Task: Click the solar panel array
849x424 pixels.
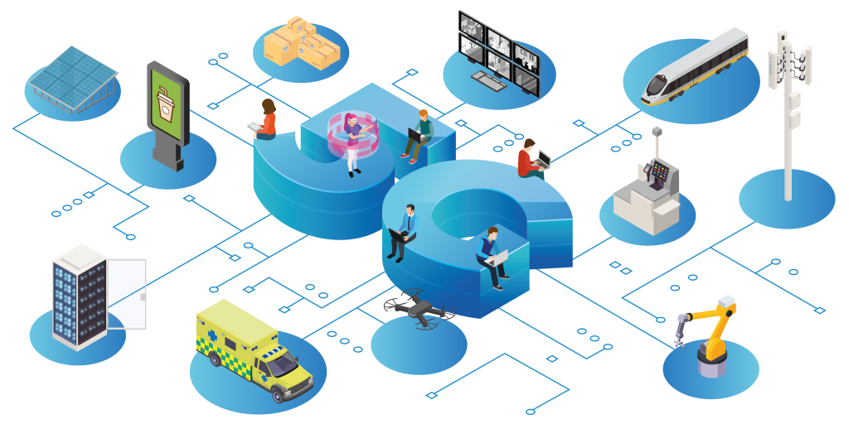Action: [73, 79]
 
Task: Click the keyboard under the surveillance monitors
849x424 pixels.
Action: [488, 82]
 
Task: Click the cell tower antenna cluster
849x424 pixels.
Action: [789, 65]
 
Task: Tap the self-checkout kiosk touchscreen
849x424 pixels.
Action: [661, 172]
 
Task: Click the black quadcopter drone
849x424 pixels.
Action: [419, 309]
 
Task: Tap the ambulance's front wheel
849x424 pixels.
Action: [278, 397]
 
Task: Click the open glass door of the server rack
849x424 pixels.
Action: [127, 294]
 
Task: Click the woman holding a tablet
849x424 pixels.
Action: [264, 121]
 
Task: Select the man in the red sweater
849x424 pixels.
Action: [531, 160]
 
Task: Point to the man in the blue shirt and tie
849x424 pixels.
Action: [404, 233]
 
